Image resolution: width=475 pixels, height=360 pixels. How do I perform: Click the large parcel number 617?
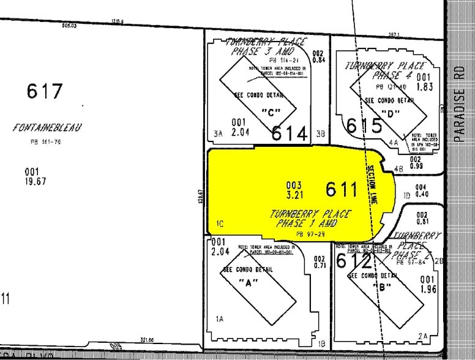click(45, 91)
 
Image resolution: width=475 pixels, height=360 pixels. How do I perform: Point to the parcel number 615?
click(364, 125)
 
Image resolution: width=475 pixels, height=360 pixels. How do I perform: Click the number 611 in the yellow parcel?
click(341, 189)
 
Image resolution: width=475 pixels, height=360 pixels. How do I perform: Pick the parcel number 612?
click(354, 261)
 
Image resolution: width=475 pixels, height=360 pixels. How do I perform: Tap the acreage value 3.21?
click(294, 194)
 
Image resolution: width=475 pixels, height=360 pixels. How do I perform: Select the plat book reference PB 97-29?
click(309, 233)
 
